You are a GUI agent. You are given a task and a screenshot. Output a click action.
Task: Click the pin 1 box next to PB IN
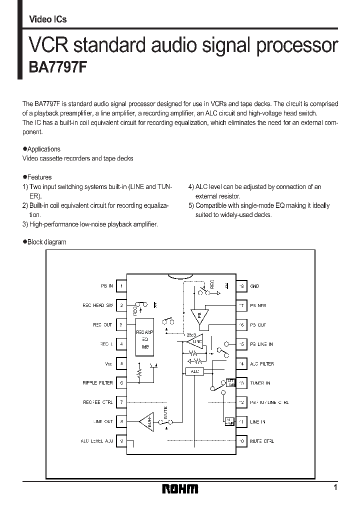(121, 286)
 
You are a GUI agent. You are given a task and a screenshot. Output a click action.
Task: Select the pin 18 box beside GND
(241, 286)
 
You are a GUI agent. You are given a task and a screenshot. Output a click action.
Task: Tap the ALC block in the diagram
(194, 371)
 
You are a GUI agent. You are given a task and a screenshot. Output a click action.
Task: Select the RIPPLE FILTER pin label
(98, 383)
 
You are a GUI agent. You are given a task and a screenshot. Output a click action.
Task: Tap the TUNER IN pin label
(260, 383)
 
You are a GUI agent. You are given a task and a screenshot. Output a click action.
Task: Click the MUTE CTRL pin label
(261, 441)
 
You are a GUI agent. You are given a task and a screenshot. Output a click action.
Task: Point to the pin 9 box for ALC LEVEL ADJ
(121, 441)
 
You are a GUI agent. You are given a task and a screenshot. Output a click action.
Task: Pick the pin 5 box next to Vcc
(121, 363)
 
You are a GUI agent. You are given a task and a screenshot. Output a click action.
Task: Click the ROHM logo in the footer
(180, 488)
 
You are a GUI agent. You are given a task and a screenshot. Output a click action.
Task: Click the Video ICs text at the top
(48, 19)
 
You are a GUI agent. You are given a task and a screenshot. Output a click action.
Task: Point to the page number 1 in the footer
(335, 487)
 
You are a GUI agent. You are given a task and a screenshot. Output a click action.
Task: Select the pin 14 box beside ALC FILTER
(241, 363)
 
